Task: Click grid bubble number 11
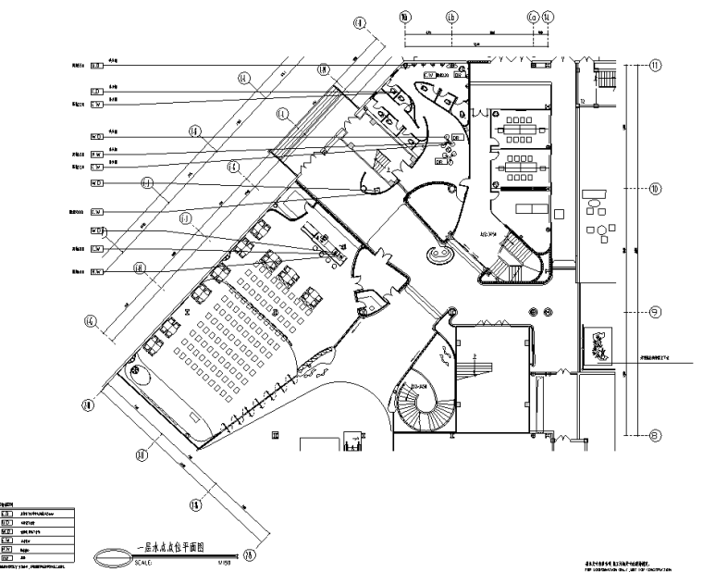tap(656, 66)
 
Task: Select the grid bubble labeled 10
tap(655, 188)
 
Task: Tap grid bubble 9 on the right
tap(655, 312)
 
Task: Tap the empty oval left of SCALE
tap(113, 556)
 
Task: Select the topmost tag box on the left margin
tap(95, 66)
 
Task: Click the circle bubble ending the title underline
tap(251, 554)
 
